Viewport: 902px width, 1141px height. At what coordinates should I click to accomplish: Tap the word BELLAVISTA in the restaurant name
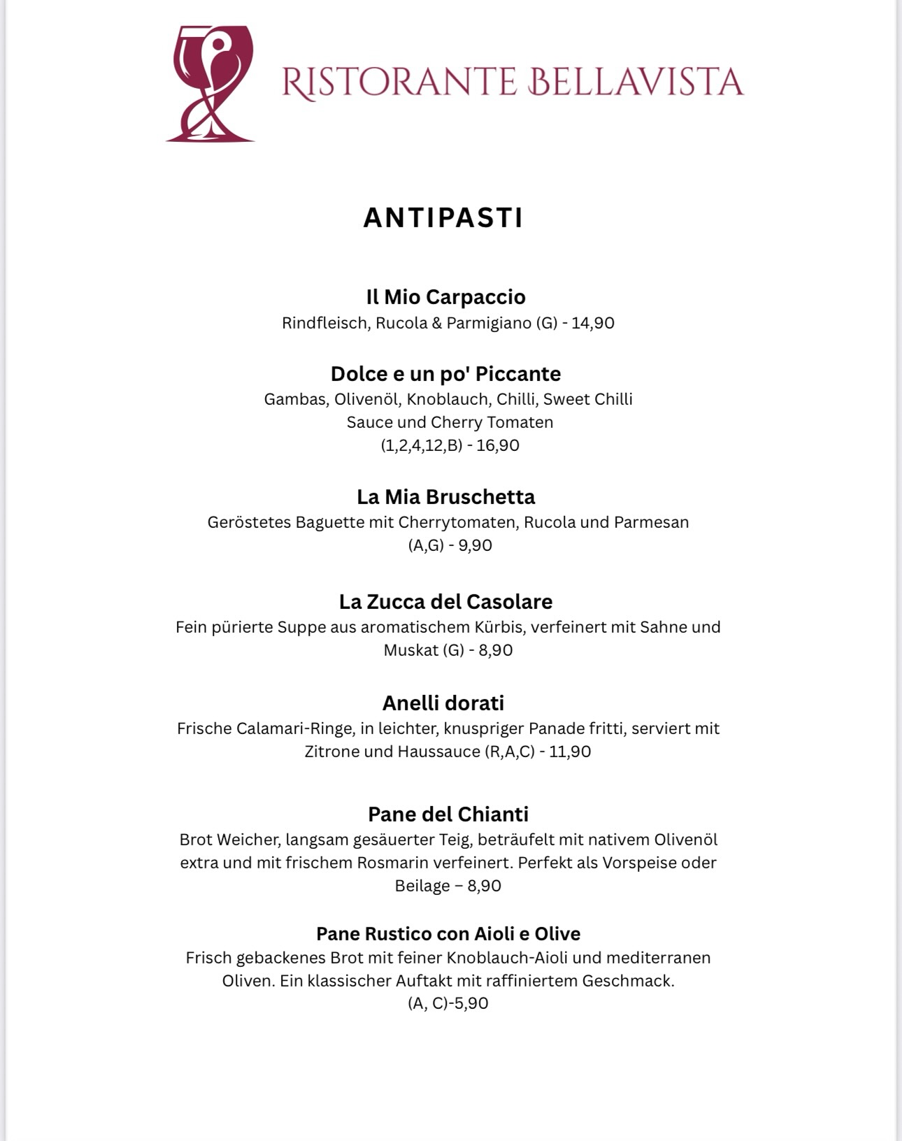pos(636,82)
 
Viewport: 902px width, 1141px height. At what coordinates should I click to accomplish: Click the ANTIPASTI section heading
pos(443,217)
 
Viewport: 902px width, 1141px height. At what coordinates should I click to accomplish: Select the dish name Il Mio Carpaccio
pos(445,296)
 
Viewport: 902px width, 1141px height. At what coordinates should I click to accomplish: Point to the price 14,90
pos(593,323)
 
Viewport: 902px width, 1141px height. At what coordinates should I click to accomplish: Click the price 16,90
pos(498,445)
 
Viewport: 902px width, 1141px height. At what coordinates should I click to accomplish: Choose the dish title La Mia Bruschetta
pos(445,496)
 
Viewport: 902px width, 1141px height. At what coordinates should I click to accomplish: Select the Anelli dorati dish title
pos(443,703)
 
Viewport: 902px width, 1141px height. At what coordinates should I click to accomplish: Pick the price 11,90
pos(570,752)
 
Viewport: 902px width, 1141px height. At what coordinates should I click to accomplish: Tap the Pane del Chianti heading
pos(448,814)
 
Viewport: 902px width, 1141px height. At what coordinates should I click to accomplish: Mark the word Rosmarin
pos(391,863)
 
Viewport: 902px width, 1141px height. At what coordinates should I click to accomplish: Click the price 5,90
pos(471,1003)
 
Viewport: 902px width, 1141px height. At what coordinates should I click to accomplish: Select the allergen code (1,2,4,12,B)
pos(422,445)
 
